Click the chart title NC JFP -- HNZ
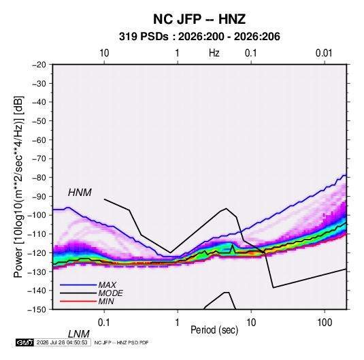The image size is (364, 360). [x=199, y=19]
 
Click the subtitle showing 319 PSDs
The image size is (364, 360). [x=199, y=37]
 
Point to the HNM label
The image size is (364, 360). [x=80, y=193]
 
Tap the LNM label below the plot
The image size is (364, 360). [x=79, y=334]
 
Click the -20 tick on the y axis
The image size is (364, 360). [x=39, y=65]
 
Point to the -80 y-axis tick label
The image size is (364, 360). [x=39, y=178]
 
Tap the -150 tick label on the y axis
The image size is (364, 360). [x=37, y=310]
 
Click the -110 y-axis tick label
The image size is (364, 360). [x=37, y=234]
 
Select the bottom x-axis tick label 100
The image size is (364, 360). [x=325, y=323]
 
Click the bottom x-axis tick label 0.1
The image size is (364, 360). [x=103, y=323]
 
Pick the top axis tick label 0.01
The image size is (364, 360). [x=324, y=53]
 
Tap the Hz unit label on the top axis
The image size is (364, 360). [x=214, y=53]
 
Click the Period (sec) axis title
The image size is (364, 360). [x=214, y=330]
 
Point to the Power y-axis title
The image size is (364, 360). [x=18, y=187]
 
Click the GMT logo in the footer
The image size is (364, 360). [x=25, y=342]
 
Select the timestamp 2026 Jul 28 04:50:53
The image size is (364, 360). [x=62, y=342]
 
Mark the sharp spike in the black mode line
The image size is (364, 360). [x=233, y=245]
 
